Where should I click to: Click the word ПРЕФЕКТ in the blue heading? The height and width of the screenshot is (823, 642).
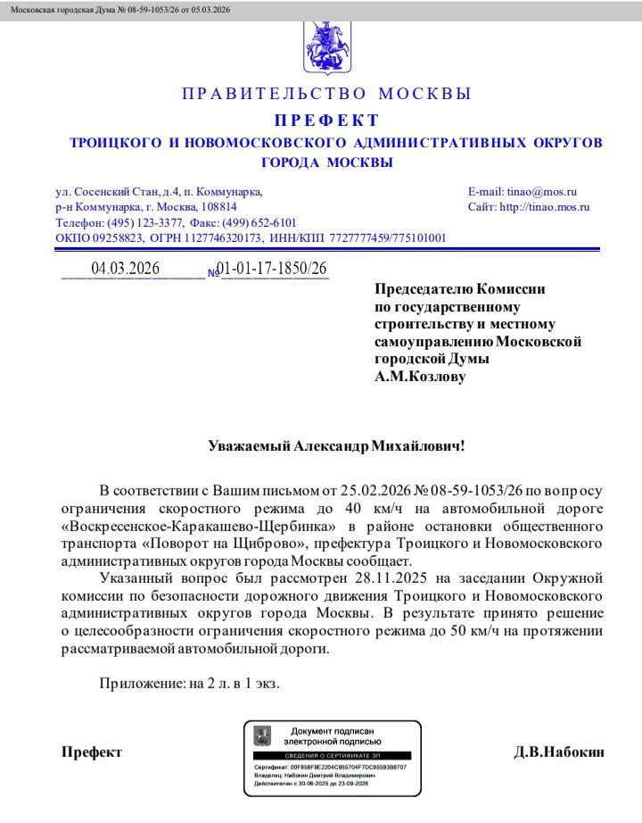325,121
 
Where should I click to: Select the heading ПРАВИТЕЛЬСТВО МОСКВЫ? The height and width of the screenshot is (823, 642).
326,94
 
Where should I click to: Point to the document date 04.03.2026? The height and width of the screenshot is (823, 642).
125,269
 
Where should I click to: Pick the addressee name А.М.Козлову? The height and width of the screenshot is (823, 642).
419,377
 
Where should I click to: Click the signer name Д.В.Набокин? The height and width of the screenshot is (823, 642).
559,752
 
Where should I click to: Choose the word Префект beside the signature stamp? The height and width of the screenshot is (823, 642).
91,752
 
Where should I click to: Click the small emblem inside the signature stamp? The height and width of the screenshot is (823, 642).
262,736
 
